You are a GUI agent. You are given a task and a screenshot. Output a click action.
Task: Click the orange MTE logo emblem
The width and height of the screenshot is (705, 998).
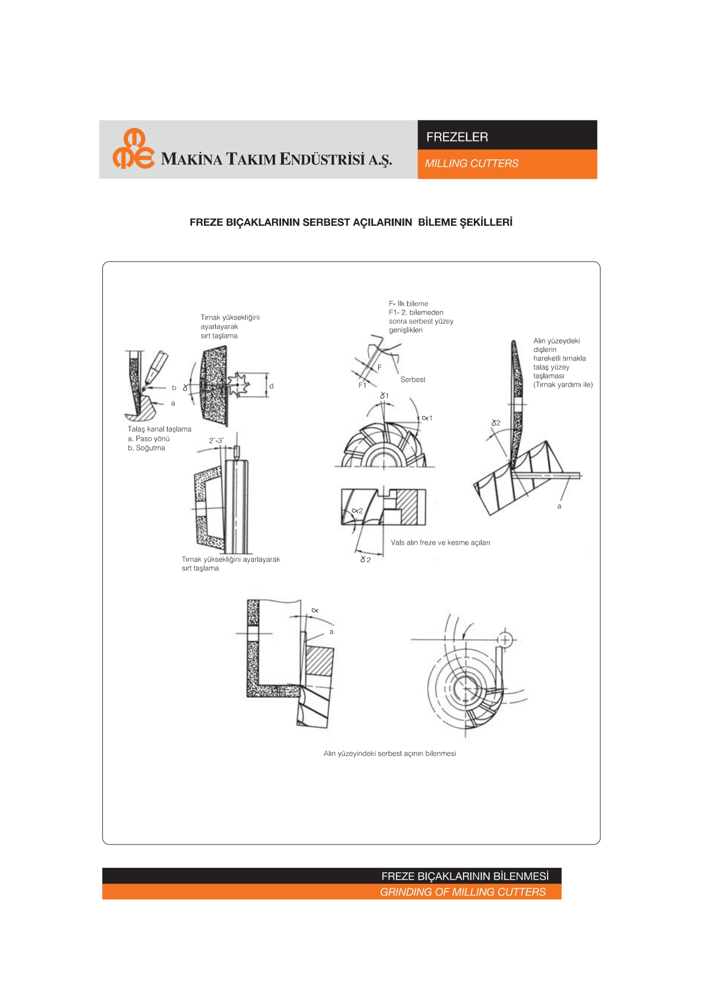coord(134,149)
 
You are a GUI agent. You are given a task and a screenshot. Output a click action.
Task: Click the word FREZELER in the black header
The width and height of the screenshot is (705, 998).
coord(457,137)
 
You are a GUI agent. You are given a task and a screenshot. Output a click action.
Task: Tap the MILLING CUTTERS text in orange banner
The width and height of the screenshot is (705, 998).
coord(472,164)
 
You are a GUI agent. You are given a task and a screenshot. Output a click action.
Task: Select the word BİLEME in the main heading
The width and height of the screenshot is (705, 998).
coord(437,222)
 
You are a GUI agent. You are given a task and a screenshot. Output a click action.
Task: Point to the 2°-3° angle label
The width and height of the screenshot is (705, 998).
coord(216,440)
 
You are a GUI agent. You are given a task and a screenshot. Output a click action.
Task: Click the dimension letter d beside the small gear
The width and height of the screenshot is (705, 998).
coord(272,386)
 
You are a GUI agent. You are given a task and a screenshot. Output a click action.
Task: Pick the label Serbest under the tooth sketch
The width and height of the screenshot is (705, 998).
coord(412,380)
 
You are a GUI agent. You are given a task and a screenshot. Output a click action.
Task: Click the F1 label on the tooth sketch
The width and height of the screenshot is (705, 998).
coord(362,385)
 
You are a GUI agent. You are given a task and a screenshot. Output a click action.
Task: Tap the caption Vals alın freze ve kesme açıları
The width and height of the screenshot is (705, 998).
coord(440,543)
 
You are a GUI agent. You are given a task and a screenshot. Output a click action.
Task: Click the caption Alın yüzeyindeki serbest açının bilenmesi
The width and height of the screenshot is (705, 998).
coord(390,753)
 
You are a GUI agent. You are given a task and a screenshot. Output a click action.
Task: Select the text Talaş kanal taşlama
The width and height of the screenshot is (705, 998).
coord(160,429)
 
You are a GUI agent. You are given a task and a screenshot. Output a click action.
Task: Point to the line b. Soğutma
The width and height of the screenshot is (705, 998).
coord(147,448)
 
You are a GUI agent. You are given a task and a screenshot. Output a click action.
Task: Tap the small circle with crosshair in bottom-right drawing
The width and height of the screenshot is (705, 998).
coord(504,640)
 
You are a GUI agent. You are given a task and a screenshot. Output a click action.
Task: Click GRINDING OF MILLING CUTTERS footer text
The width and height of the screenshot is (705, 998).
coord(462,892)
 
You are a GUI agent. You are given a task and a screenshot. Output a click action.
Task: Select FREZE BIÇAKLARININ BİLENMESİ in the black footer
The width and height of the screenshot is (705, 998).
coord(465,876)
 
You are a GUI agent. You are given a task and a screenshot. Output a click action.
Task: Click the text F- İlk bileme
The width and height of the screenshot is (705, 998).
coord(408,304)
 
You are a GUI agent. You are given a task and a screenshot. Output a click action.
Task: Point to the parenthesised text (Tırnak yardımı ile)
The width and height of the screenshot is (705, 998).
coord(562,385)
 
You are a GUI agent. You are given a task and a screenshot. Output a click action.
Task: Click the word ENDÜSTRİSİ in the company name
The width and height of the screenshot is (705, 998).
coord(322,159)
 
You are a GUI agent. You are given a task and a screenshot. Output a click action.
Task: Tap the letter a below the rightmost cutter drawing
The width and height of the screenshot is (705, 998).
coord(559,506)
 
